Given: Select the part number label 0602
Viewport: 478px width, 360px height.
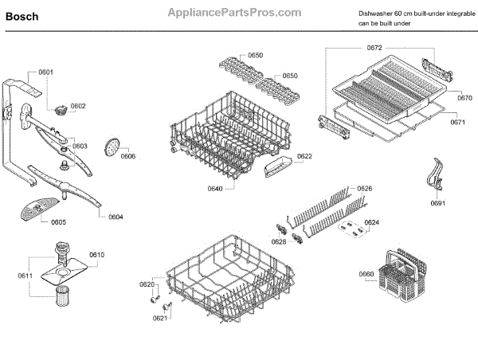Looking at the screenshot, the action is point(77,106).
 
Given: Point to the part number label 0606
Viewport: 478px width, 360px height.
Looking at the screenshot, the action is point(127,156).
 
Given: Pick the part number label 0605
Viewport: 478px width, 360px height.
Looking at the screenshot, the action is point(58,222).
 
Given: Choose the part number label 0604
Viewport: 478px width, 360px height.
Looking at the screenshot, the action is point(116,217).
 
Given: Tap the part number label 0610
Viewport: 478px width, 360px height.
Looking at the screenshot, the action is point(96,254).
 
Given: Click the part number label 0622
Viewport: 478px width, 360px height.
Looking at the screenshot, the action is point(304,156).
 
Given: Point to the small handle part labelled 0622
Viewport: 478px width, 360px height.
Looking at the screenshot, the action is point(275,166).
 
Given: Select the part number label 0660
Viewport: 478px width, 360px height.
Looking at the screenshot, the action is point(366,275).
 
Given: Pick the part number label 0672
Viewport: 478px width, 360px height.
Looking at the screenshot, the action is point(375,49).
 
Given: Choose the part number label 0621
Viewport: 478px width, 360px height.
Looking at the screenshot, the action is point(160,317).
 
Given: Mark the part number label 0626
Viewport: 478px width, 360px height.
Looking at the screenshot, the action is point(364,189).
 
